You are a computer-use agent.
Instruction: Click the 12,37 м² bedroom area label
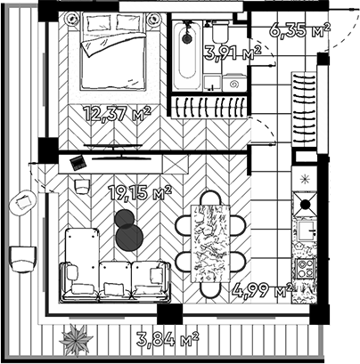[x=117, y=113]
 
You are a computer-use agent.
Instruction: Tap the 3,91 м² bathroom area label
[x=233, y=53]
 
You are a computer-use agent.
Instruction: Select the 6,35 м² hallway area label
[x=300, y=29]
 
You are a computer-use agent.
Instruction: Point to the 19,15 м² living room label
[x=140, y=192]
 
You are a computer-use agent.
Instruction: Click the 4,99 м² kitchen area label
[x=263, y=290]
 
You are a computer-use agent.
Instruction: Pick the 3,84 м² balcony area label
[x=168, y=339]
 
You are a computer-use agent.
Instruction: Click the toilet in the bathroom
[x=220, y=32]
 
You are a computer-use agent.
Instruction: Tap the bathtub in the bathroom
[x=187, y=55]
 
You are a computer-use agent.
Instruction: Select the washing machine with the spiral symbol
[x=234, y=84]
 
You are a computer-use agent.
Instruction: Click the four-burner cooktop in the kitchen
[x=305, y=268]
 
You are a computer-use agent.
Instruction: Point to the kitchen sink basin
[x=307, y=231]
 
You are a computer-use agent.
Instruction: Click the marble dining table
[x=210, y=243]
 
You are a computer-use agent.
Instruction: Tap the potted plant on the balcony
[x=76, y=340]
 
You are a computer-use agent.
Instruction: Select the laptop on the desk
[x=78, y=163]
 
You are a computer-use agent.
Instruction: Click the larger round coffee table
[x=129, y=238]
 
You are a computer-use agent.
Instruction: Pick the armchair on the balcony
[x=23, y=259]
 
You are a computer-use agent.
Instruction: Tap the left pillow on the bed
[x=98, y=22]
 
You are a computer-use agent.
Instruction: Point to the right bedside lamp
[x=154, y=20]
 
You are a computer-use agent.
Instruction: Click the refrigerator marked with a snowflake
[x=305, y=179]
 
